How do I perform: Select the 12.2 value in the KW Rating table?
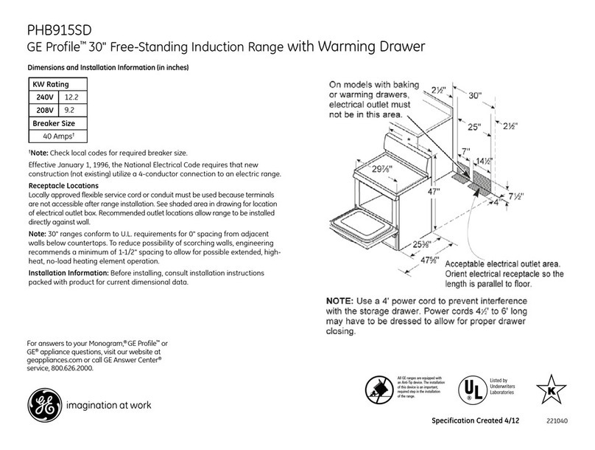click(71, 97)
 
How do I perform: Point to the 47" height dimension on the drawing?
click(433, 193)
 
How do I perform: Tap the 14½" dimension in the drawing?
click(484, 162)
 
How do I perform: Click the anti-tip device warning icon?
click(378, 390)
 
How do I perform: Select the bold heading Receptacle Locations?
click(63, 185)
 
